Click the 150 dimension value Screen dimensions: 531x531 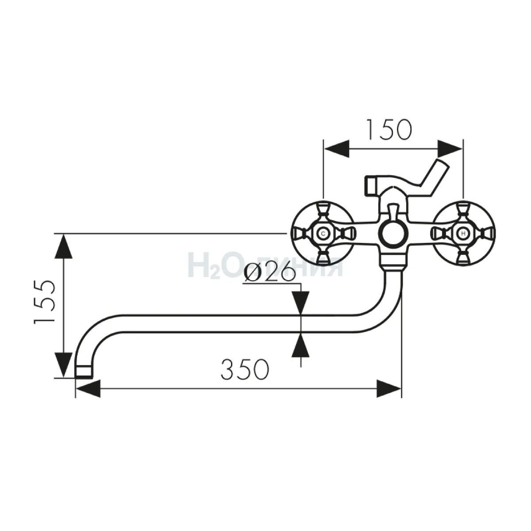click(x=389, y=129)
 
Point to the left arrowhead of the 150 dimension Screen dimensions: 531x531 click(x=337, y=149)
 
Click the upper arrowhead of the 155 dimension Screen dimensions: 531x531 click(x=63, y=246)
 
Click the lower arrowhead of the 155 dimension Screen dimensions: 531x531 click(x=63, y=365)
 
